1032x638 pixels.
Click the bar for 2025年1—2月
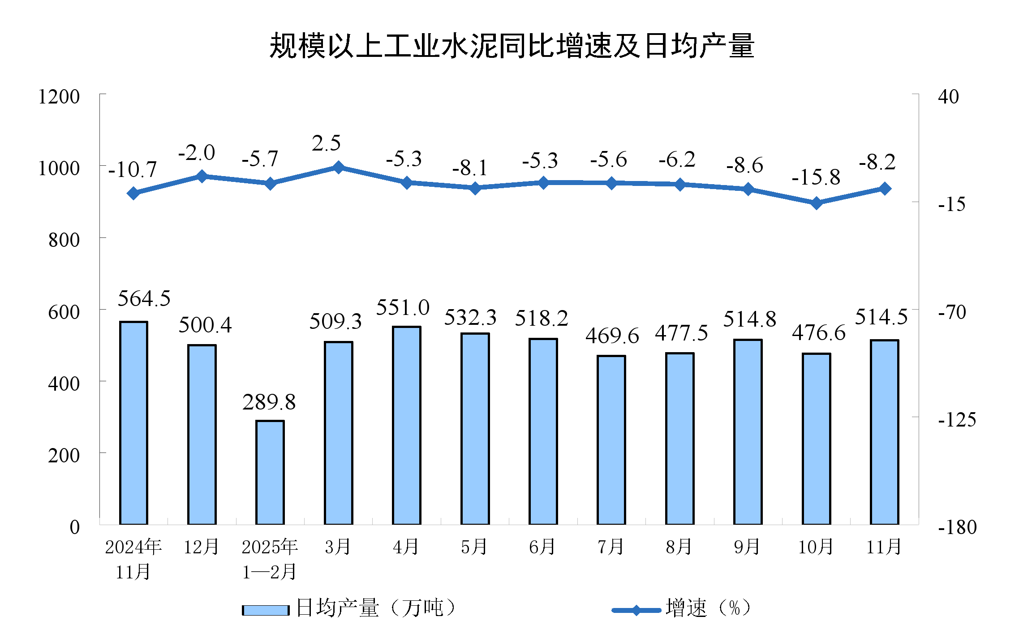(270, 472)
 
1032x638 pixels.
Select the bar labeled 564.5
(133, 423)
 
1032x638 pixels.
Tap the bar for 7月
(611, 440)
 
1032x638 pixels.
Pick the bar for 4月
(407, 425)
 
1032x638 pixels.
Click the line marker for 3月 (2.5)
(339, 168)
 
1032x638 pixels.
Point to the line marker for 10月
(817, 203)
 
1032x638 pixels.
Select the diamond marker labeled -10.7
(133, 193)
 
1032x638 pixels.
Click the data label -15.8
(816, 177)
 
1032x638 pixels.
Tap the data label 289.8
(269, 402)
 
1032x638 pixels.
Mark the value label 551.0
(403, 308)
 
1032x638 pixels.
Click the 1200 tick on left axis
(59, 97)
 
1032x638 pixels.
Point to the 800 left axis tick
(64, 240)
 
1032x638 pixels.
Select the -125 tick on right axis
(957, 420)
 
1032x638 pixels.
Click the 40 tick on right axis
(948, 97)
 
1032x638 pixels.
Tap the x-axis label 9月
(747, 547)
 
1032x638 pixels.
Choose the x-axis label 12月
(202, 547)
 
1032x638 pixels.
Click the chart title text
(512, 46)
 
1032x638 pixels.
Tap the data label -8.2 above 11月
(877, 162)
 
